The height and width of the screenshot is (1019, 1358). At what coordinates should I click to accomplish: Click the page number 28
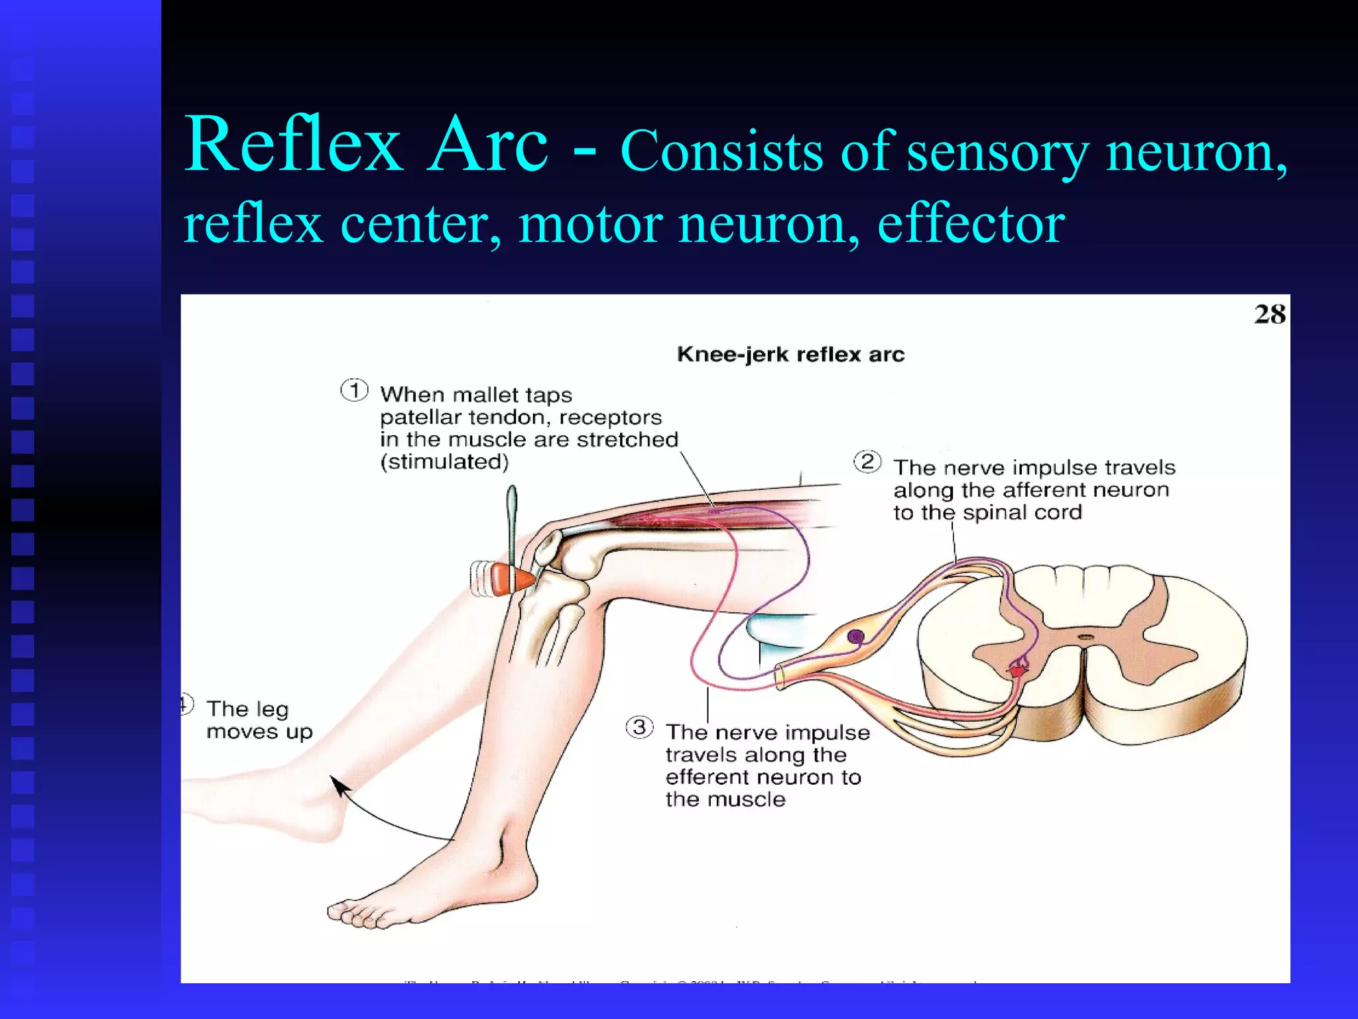(1269, 314)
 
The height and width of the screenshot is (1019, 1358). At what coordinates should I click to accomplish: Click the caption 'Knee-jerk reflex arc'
(790, 354)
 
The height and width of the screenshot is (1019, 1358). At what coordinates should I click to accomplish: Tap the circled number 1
(355, 390)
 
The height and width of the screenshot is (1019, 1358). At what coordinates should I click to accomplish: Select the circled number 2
(867, 461)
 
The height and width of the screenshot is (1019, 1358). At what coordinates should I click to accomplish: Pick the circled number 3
(639, 727)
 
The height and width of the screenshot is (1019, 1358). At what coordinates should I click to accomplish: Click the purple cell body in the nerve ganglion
(855, 637)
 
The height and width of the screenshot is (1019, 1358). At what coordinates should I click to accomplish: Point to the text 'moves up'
(259, 732)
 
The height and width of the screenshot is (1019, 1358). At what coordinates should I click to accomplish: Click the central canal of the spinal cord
(1085, 638)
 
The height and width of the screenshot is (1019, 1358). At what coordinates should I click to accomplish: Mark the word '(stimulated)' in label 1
(444, 462)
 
